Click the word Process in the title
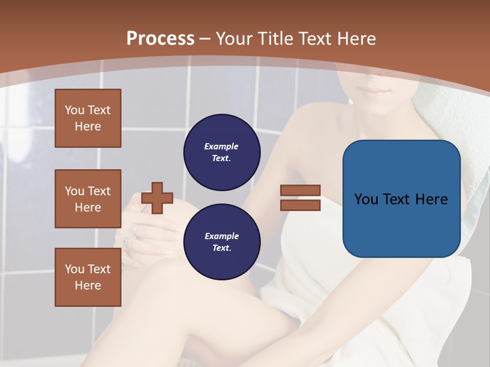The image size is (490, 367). point(160,39)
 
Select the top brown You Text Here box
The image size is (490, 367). point(88,118)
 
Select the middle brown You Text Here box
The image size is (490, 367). point(88,199)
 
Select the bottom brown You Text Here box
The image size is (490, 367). point(88,277)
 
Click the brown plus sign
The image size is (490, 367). point(157,198)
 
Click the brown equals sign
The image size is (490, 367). point(301,198)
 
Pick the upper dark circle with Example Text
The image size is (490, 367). point(222,152)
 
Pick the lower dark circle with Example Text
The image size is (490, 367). point(222,242)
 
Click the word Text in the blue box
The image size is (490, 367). point(402,199)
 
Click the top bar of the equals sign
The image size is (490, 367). point(301,191)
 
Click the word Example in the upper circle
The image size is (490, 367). point(221,146)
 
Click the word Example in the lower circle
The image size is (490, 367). point(222,236)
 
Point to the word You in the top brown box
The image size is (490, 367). point(75,110)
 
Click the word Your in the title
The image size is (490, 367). point(234,39)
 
